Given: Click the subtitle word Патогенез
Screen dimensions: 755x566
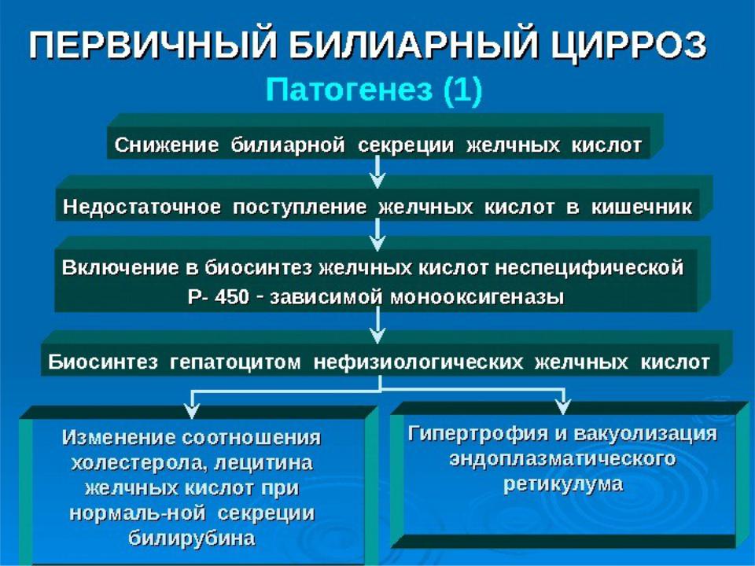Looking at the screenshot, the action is coord(349,90).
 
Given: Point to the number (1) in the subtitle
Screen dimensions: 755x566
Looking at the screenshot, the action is coord(462,90).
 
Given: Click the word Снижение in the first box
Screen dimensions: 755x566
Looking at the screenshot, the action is coord(167,145).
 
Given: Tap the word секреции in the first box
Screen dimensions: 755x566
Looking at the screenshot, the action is coord(406,145).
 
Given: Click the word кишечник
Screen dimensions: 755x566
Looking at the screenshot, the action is coord(642,207).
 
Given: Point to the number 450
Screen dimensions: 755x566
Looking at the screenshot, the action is coord(231,296).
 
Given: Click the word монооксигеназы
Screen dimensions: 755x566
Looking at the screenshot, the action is coord(477,297).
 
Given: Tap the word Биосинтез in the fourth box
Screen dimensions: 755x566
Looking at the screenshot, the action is coord(102,362).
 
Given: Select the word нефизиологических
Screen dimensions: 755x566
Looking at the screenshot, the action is coord(418,362).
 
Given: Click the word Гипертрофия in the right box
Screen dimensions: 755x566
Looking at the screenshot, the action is coord(476,434).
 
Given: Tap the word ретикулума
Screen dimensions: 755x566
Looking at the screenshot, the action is coord(563,484).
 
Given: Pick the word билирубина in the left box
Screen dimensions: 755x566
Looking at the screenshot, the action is coord(192,538).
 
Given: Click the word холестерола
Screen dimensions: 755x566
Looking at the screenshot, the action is coord(139,464).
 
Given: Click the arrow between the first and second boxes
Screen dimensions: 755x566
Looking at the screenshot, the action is coord(378,172).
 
